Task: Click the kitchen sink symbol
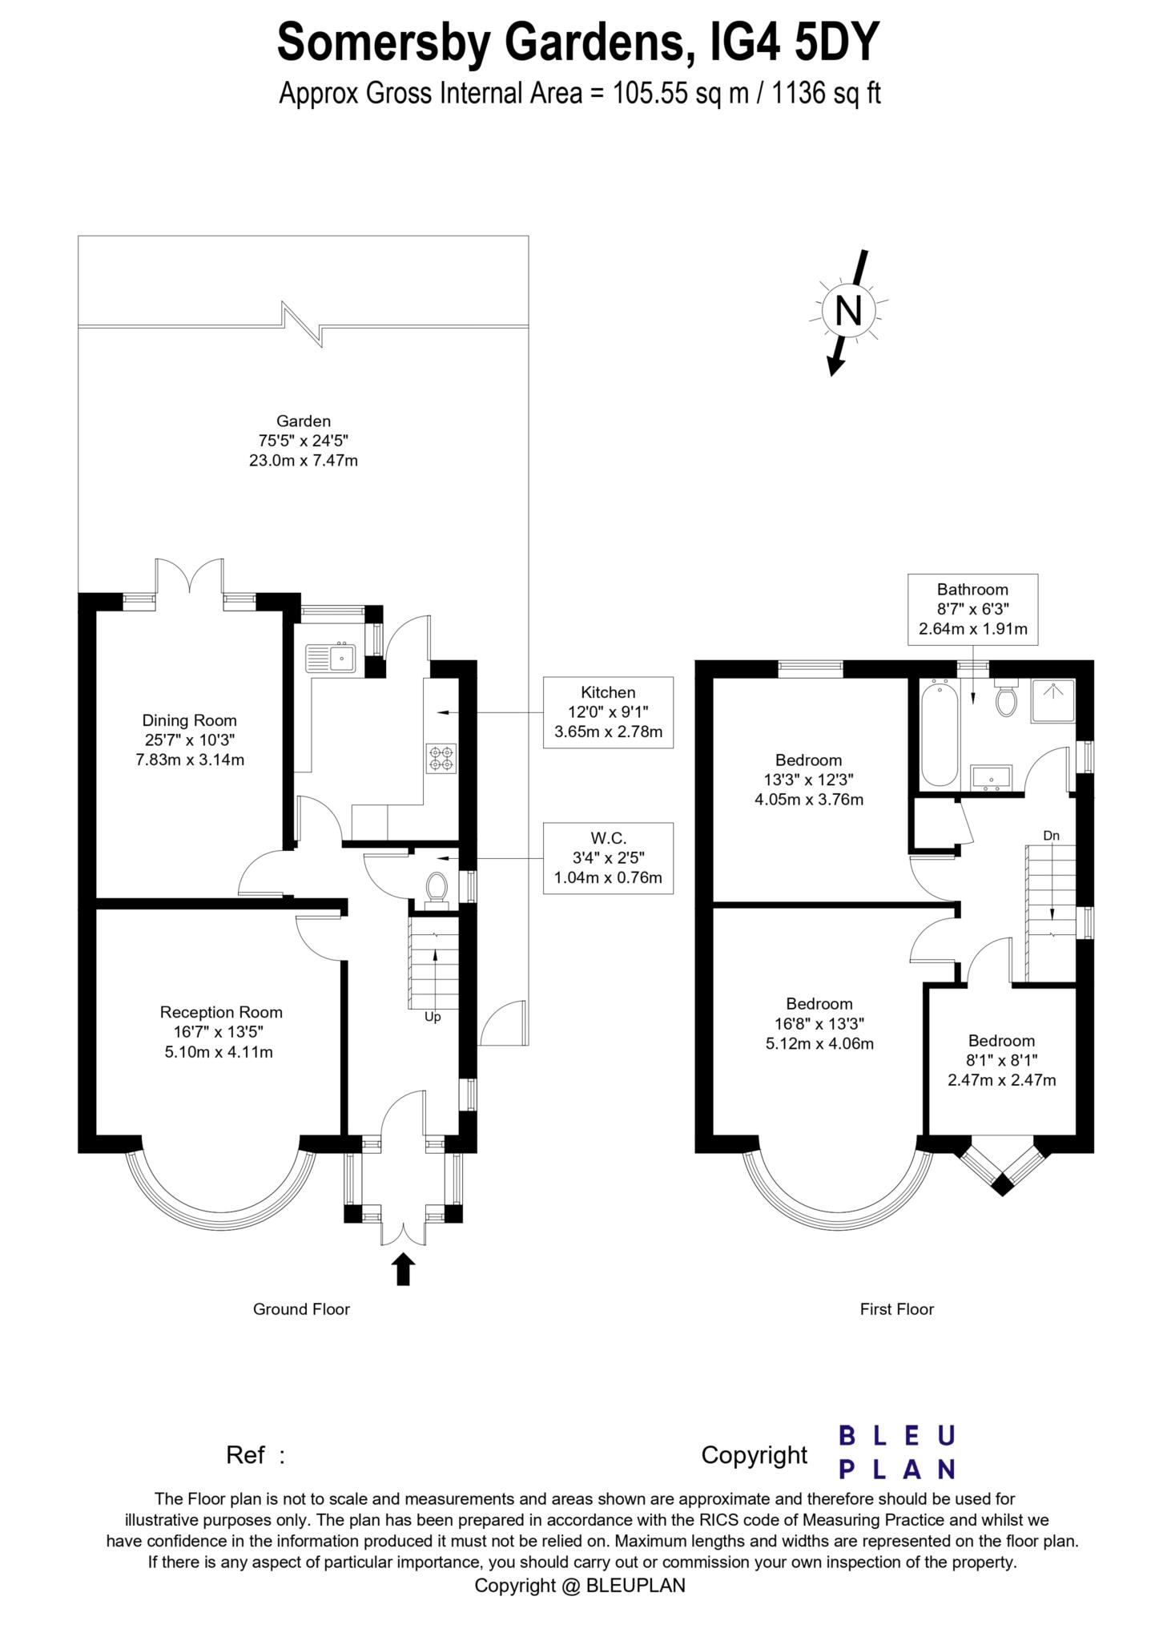tap(330, 658)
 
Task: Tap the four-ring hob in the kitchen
tap(441, 758)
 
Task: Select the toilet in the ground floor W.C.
tap(437, 887)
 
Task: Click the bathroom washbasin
tap(992, 777)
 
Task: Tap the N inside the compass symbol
tap(849, 309)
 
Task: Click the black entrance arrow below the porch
tap(404, 1269)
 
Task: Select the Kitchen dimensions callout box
tap(608, 712)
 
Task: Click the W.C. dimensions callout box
tap(608, 857)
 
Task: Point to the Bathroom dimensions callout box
tap(972, 609)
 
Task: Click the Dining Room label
tap(190, 740)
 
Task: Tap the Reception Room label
tap(220, 1032)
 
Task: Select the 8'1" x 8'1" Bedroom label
tap(1001, 1060)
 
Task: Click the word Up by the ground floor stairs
tap(433, 1017)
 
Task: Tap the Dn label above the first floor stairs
tap(1051, 836)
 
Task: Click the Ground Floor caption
tap(301, 1309)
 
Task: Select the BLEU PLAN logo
tap(896, 1451)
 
